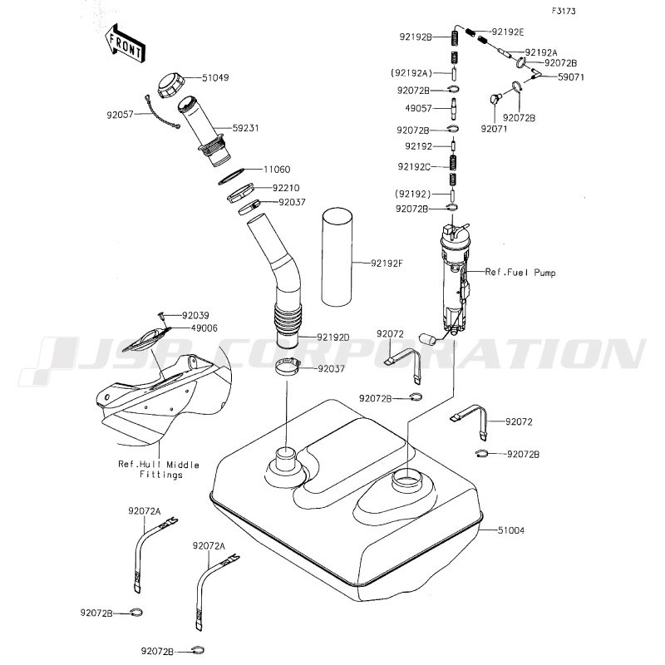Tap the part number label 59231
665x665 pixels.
pos(245,128)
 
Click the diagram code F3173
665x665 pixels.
pos(564,12)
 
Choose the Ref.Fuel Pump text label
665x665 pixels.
pos(520,272)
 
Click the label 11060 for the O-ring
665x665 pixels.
pos(277,169)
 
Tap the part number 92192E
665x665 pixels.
pos(508,32)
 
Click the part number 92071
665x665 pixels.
pos(494,129)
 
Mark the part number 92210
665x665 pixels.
pos(277,188)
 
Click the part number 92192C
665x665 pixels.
pos(413,166)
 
